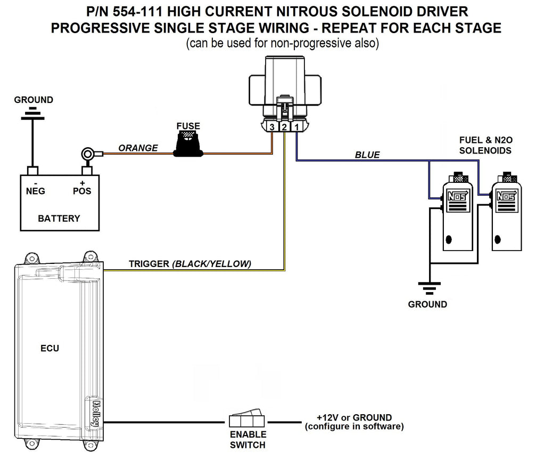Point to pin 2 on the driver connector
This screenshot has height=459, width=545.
point(284,127)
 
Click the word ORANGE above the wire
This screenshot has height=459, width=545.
point(138,148)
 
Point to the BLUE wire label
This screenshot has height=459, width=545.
point(367,155)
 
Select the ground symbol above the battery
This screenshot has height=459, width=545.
point(33,115)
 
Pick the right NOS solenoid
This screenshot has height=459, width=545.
point(506,213)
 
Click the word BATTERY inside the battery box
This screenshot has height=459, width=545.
point(59,219)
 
